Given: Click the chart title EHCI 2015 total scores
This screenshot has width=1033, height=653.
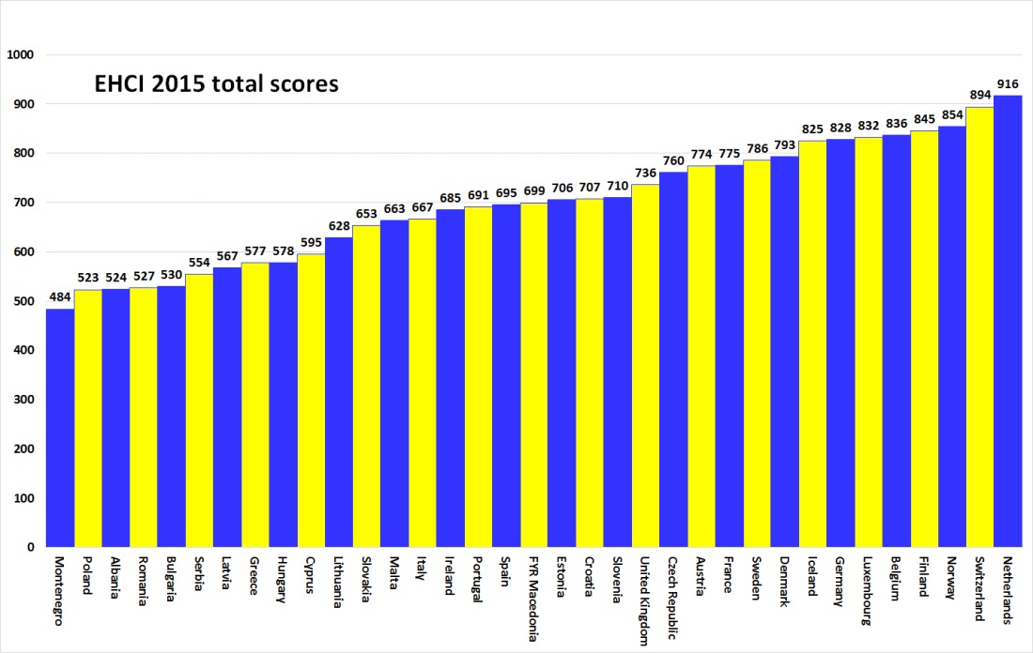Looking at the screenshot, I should coord(216,84).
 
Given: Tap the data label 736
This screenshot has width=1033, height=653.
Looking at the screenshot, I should coord(645,175).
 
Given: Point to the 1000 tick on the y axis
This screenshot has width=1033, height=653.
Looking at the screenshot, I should coord(20,55).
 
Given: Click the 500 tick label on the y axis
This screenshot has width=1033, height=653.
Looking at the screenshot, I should coord(23,301).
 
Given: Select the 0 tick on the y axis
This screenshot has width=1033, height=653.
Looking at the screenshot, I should coord(29,547).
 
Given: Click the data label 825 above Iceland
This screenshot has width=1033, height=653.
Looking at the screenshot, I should coord(812,130).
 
